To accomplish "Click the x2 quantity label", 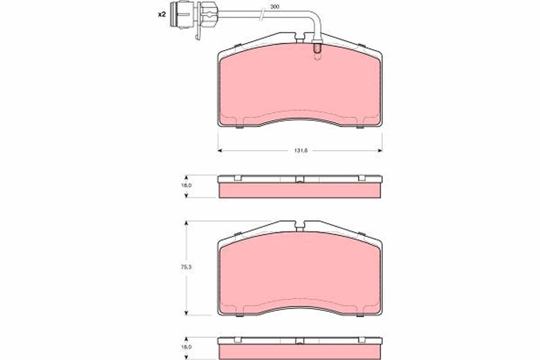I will [162, 15].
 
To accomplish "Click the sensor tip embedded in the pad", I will [316, 51].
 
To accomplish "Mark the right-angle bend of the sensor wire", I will [317, 20].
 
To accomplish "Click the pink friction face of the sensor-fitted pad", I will [300, 85].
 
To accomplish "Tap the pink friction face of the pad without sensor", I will [300, 274].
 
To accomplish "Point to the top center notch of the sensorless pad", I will [300, 226].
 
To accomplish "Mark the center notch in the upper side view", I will [300, 180].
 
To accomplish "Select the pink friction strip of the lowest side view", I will [300, 352].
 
